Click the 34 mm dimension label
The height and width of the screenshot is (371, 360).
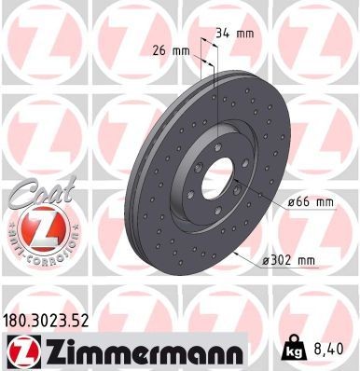click(x=234, y=34)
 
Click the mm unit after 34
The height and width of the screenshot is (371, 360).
click(x=245, y=34)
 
